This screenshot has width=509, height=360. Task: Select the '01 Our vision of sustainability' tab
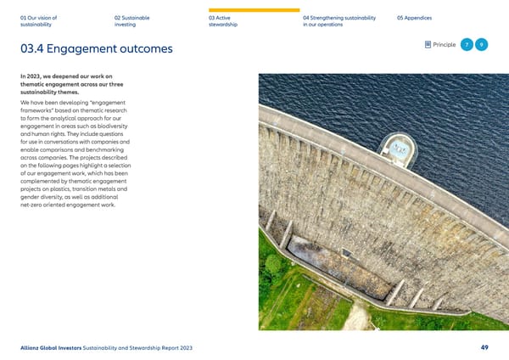pos(41,21)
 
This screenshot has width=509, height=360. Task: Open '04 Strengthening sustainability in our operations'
pos(339,21)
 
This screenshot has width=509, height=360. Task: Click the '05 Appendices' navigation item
pos(415,18)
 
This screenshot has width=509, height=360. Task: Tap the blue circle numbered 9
pos(482,44)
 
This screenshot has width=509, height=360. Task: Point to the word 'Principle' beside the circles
pos(444,45)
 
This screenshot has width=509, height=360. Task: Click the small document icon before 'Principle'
pos(427,45)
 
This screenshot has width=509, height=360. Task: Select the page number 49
pos(484,346)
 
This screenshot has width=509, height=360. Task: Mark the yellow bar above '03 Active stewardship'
pos(254,9)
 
